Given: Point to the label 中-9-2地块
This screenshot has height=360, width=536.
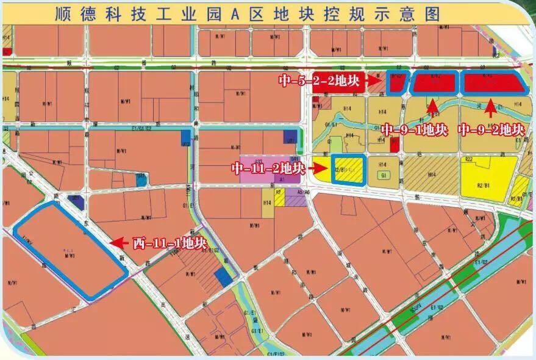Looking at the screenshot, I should (x=491, y=130).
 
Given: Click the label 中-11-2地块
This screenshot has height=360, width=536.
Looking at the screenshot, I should (x=266, y=168).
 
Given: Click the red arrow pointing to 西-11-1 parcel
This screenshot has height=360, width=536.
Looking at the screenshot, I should (x=120, y=242).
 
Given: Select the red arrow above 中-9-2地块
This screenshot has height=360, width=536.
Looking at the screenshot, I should (x=490, y=110).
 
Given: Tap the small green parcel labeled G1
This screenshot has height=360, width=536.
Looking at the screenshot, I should (x=384, y=176).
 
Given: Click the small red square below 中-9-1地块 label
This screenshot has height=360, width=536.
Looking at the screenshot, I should (x=395, y=145).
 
